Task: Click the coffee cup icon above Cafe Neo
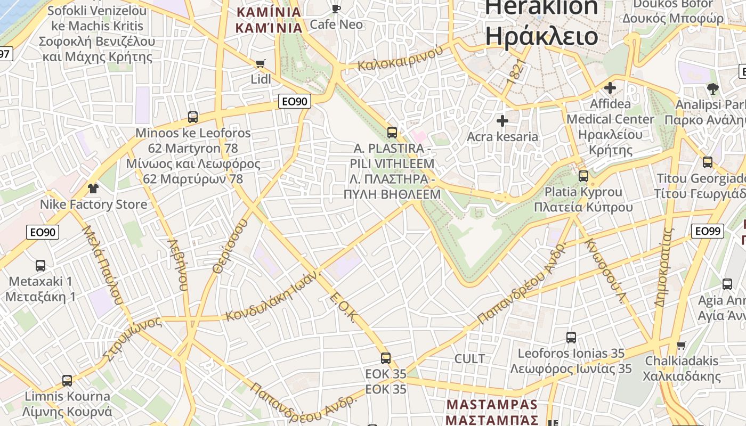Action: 336,9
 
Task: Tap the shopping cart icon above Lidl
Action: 261,64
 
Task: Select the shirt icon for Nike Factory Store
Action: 93,189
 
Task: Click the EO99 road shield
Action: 708,231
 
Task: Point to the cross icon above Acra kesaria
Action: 502,121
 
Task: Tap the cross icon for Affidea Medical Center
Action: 610,88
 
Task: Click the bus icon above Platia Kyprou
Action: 583,176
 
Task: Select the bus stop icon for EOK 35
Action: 386,358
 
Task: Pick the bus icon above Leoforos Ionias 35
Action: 571,337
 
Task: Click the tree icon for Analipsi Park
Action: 713,88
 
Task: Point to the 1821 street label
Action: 516,71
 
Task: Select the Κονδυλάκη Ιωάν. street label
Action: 273,296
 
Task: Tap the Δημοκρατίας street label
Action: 664,267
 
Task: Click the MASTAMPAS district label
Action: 492,404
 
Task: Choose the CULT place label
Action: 469,359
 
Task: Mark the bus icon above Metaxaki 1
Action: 40,265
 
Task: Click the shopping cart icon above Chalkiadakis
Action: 681,345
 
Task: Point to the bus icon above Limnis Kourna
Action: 67,380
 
